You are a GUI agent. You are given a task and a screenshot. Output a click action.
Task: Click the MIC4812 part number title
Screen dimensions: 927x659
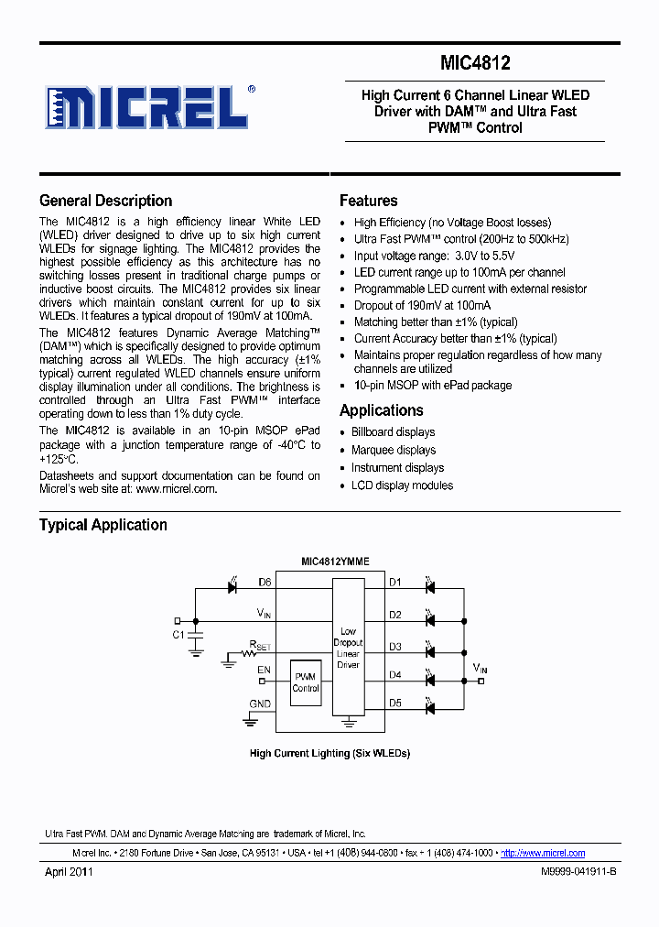pos(474,63)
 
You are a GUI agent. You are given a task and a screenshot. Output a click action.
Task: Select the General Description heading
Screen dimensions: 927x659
pos(105,201)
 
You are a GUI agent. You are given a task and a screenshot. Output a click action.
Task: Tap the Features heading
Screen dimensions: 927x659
pos(368,201)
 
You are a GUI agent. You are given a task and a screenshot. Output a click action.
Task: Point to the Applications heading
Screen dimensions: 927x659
pos(381,410)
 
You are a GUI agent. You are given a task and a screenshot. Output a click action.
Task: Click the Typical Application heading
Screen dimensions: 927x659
pos(103,525)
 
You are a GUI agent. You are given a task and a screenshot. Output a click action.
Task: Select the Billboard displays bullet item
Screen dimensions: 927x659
pos(393,432)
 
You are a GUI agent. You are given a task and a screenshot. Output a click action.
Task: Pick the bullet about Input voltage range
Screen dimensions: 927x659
pos(434,256)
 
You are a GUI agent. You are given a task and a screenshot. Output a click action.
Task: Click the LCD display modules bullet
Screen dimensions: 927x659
pos(402,485)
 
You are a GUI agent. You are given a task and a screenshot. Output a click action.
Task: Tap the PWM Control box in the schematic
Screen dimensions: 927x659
pos(306,682)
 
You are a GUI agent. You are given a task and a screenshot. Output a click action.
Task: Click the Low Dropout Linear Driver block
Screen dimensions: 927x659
pos(348,648)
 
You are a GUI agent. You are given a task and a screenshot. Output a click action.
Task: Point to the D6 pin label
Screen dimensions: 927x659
pos(265,582)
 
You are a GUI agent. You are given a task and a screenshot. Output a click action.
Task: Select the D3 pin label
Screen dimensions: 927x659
pos(394,647)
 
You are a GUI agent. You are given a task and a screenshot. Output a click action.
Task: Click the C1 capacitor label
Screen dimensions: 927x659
pos(178,634)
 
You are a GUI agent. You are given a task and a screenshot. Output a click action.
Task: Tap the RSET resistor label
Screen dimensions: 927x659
pos(261,646)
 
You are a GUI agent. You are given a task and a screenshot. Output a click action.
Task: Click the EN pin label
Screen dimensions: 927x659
pos(264,671)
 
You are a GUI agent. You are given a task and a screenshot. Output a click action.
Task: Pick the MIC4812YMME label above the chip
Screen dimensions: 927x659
pos(335,561)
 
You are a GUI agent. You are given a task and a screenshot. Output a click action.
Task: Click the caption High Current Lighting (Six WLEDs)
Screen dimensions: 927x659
pos(329,753)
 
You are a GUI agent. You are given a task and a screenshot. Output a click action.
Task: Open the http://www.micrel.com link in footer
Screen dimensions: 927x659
pos(543,853)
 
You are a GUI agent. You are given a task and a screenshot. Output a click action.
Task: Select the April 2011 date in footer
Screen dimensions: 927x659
pos(69,872)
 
